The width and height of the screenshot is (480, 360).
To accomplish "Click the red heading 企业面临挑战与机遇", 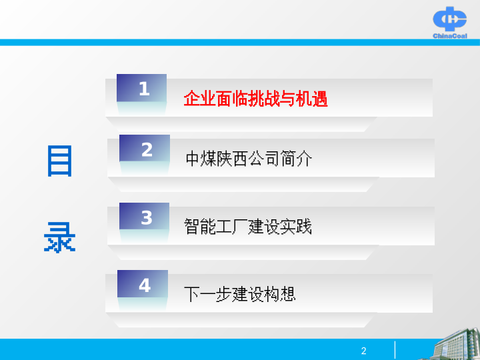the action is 255,99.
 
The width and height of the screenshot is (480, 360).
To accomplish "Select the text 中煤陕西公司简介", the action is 249,159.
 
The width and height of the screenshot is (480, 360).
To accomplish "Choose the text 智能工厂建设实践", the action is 248,226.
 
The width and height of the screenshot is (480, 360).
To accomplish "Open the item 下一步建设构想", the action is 240,294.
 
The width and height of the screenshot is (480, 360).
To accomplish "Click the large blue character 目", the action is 60,161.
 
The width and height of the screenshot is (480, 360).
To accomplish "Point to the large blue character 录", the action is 60,237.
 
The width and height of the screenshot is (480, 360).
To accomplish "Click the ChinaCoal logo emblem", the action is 450,19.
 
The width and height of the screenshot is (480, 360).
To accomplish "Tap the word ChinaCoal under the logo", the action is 450,36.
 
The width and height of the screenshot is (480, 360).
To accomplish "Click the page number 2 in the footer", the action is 364,351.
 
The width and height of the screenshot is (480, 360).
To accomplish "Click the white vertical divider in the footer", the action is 395,350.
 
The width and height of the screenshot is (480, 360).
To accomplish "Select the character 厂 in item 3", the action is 240,226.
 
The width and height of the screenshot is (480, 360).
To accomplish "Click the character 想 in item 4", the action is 288,294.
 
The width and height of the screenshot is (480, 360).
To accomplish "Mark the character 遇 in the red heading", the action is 320,99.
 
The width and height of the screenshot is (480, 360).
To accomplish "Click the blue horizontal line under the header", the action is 240,42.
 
